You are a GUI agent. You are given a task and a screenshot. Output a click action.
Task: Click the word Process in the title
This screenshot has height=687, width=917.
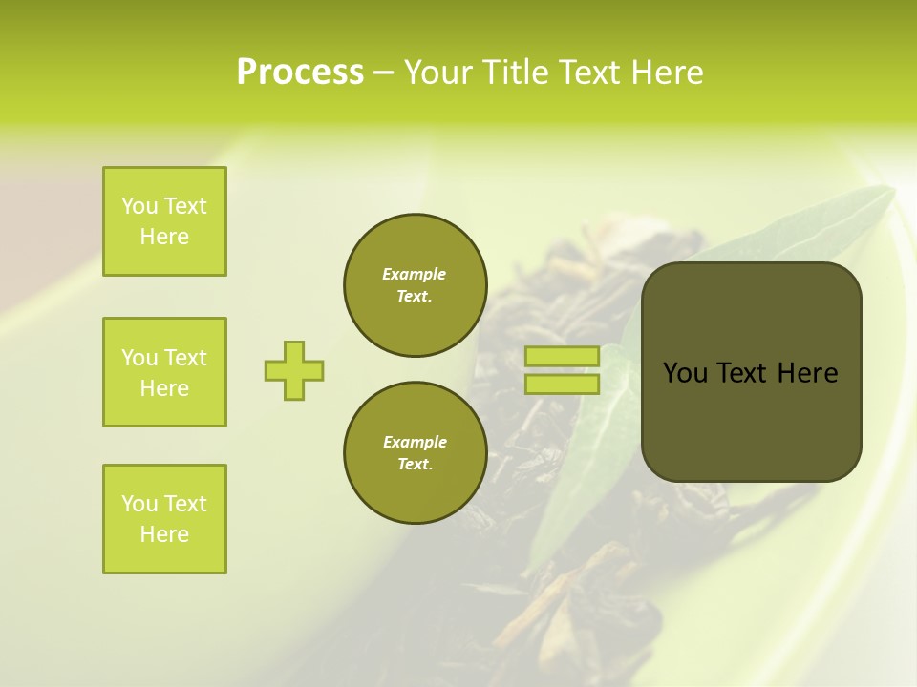pos(300,73)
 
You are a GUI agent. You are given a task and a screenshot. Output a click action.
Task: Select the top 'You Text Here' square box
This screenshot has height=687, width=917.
pos(164,221)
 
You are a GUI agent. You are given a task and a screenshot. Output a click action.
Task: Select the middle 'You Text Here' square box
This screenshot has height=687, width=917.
pos(164,372)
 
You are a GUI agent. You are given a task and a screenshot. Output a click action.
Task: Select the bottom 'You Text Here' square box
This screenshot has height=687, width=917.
pos(164,519)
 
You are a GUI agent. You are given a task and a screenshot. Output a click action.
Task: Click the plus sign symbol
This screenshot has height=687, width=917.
pos(294,370)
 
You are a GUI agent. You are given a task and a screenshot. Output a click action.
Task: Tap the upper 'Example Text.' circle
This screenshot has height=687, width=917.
pos(415,284)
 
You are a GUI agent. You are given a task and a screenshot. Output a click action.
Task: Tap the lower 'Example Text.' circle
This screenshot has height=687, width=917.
pos(415,452)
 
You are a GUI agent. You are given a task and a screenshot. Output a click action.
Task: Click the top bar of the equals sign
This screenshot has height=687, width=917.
pos(562,357)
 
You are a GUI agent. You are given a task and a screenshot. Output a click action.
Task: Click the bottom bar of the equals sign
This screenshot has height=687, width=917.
pos(562,385)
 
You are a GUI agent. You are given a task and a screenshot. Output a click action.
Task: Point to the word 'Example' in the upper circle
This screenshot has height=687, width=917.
pos(415,274)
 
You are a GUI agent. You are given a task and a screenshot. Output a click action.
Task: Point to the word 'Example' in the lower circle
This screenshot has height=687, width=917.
pos(415,442)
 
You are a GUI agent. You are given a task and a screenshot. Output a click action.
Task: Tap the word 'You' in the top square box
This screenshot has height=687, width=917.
pos(139,206)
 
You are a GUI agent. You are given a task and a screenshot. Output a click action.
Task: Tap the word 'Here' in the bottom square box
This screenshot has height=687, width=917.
pos(164,534)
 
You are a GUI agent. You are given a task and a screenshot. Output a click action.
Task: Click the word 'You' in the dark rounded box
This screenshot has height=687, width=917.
pos(685,373)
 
